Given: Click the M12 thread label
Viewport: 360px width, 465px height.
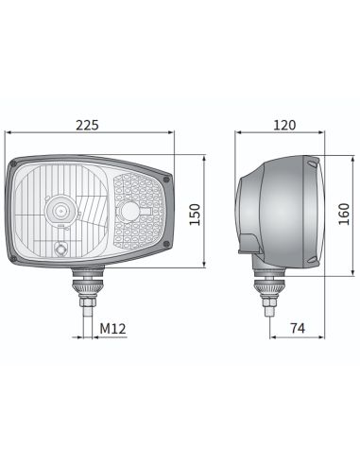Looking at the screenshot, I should click(112, 328).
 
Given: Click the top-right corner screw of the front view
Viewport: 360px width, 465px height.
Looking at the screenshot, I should click(166, 177).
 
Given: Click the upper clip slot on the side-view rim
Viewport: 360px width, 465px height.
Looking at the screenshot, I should click(307, 167).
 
